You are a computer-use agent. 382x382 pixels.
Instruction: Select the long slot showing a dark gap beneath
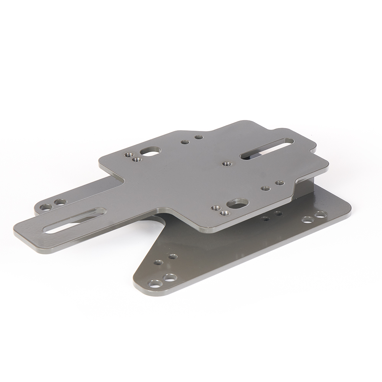(267, 148)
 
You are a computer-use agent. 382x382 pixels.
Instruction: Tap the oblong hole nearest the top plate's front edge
(238, 203)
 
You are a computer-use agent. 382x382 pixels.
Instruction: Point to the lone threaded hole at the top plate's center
(227, 163)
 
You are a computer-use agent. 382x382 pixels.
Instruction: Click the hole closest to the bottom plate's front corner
(155, 283)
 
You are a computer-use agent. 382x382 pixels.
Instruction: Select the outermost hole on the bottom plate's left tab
(46, 207)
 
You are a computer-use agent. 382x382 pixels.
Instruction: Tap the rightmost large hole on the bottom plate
(320, 214)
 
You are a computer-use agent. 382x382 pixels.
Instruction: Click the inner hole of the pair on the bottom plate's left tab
(60, 202)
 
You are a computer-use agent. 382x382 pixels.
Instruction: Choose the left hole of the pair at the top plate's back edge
(185, 142)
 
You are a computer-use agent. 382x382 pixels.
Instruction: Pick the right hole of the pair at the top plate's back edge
(199, 137)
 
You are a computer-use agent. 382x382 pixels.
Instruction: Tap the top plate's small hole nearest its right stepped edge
(280, 183)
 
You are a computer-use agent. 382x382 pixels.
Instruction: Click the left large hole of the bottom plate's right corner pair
(307, 219)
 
